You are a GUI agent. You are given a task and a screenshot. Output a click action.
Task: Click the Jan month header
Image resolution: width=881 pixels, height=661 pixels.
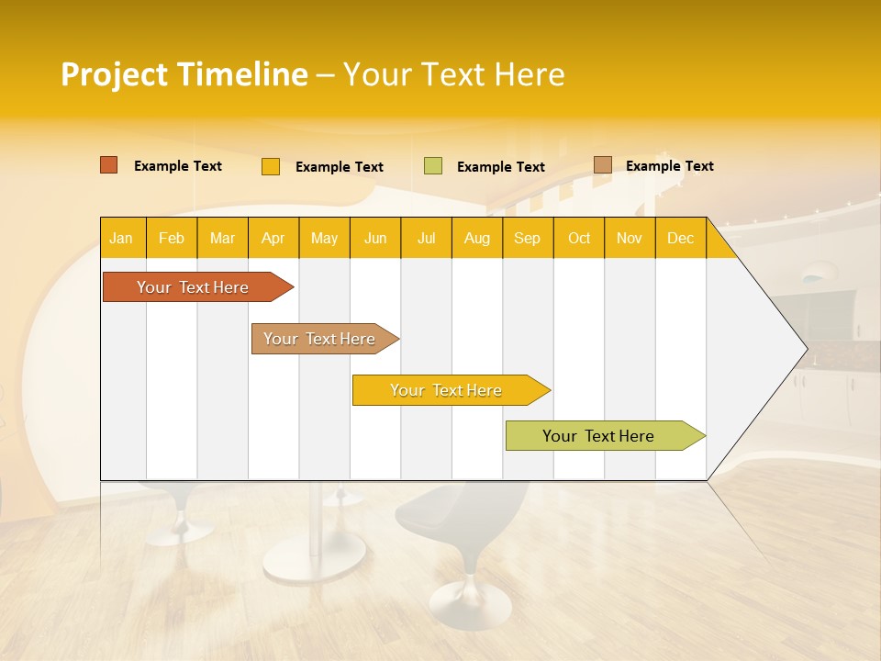click(x=122, y=238)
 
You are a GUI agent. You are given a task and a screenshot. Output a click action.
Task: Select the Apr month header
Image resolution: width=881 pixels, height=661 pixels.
click(x=273, y=238)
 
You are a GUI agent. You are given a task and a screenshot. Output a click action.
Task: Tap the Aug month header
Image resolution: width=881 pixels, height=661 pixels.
click(x=477, y=238)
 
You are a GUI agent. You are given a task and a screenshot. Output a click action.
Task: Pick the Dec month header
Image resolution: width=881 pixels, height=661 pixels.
click(x=680, y=238)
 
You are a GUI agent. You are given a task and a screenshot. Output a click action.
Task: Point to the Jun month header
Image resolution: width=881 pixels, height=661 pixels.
click(x=375, y=238)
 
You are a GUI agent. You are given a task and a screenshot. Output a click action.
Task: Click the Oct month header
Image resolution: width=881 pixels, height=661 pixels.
click(x=579, y=238)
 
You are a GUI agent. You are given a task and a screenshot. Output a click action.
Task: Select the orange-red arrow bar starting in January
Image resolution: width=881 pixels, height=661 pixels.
click(x=193, y=287)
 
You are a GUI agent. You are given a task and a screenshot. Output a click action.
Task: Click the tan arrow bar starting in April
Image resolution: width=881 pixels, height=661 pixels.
click(x=320, y=339)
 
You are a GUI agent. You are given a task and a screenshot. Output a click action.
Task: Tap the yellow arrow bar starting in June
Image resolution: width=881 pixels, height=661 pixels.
click(x=446, y=390)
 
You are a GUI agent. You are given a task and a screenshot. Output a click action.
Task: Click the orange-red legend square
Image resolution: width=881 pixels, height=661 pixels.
click(x=108, y=165)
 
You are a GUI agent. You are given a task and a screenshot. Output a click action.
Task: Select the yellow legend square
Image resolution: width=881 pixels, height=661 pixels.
click(x=270, y=166)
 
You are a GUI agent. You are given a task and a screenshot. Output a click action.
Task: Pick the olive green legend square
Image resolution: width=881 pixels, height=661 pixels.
click(x=433, y=166)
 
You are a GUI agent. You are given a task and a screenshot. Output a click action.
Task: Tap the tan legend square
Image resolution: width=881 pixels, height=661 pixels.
click(x=602, y=165)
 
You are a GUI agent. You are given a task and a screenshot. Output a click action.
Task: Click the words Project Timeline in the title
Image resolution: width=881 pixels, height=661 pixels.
click(x=184, y=74)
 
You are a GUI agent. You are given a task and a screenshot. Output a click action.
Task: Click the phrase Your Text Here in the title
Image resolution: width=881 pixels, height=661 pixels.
click(x=453, y=74)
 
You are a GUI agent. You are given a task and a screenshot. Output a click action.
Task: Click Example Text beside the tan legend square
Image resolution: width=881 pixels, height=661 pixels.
click(x=669, y=165)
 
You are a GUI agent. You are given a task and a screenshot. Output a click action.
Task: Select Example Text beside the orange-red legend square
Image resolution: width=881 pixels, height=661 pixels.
click(x=177, y=165)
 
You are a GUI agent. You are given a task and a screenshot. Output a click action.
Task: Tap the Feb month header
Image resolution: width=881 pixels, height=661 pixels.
click(x=172, y=238)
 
